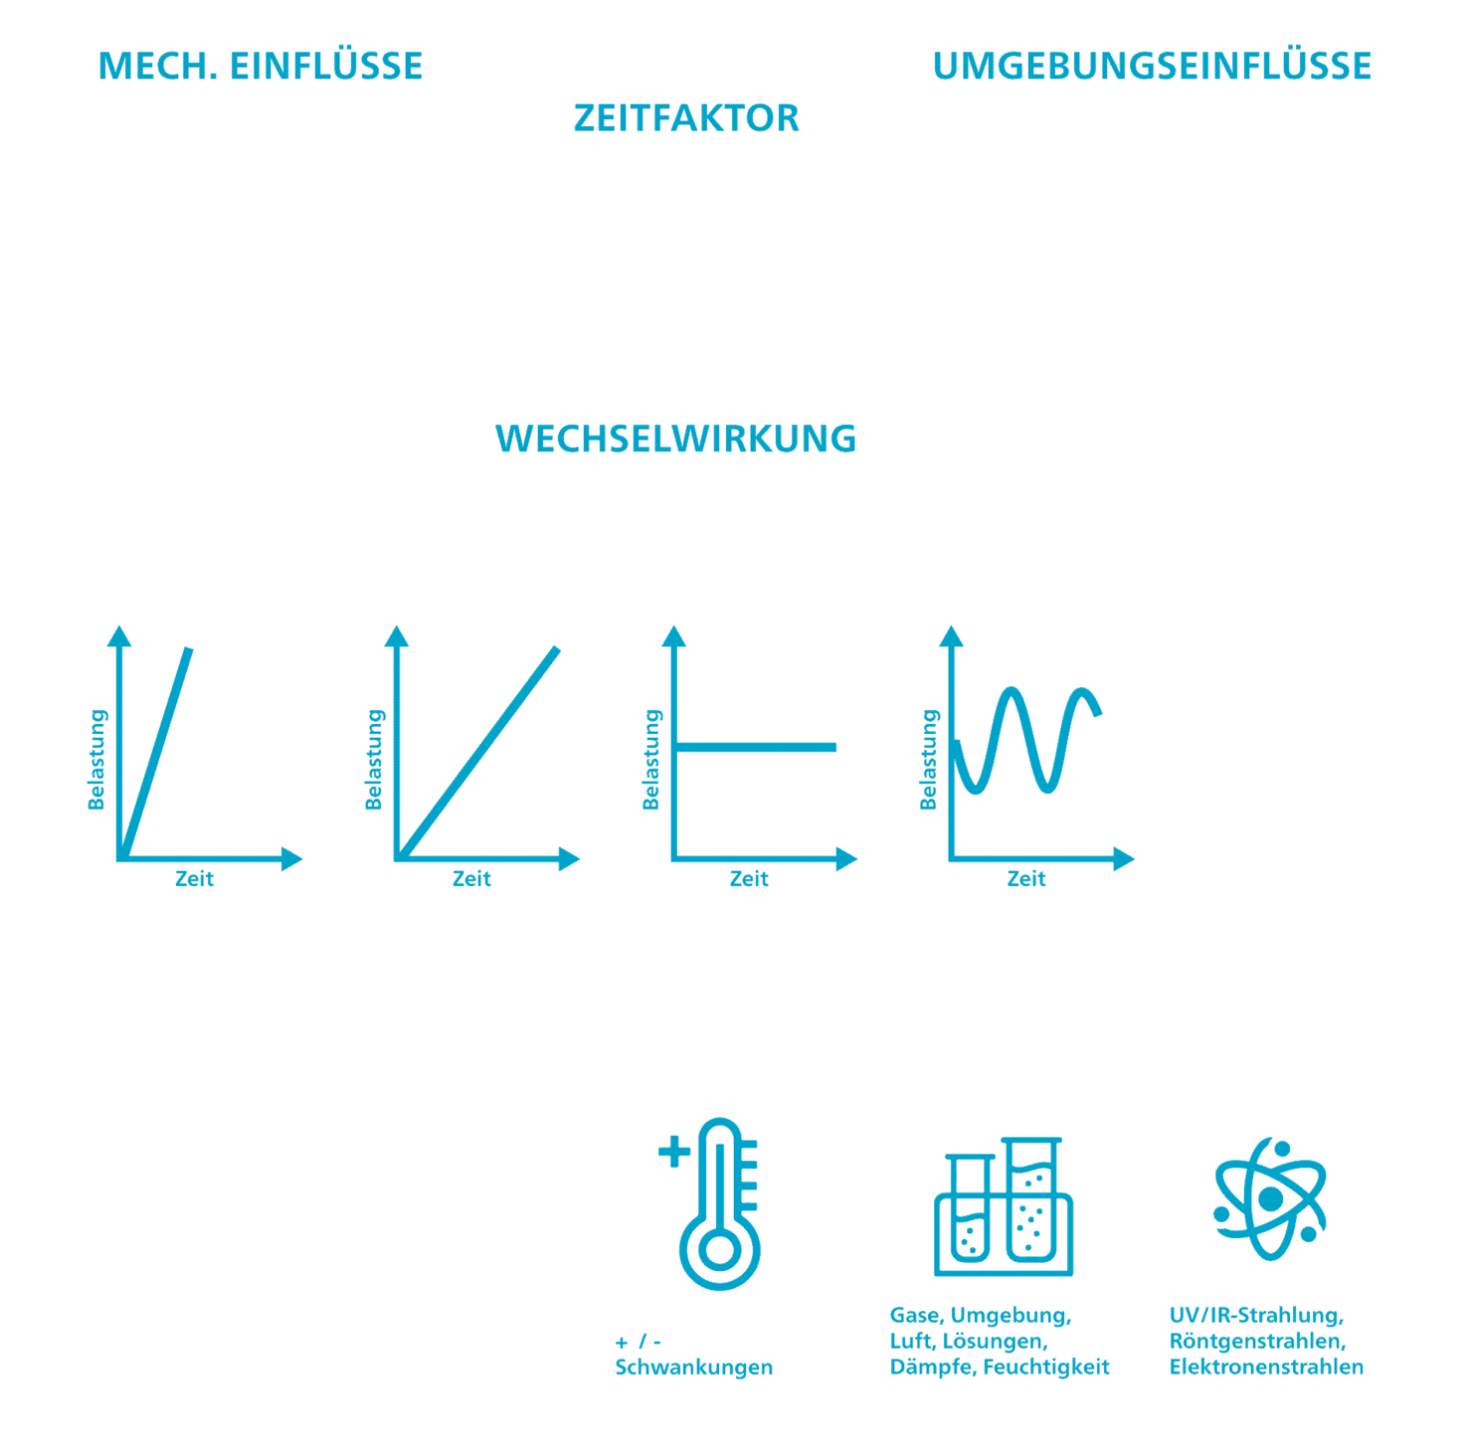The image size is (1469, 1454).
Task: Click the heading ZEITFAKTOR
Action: pyautogui.click(x=686, y=118)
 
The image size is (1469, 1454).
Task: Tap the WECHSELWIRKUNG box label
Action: pyautogui.click(x=675, y=438)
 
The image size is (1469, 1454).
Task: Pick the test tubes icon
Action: pyautogui.click(x=1003, y=1208)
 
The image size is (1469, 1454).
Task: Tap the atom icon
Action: pyautogui.click(x=1271, y=1198)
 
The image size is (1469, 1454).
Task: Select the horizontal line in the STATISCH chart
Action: pyautogui.click(x=756, y=747)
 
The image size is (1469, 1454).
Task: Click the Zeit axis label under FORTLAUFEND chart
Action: pyautogui.click(x=471, y=879)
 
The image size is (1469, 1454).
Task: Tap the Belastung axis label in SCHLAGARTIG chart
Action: pyautogui.click(x=96, y=759)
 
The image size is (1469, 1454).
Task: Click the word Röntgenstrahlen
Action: pyautogui.click(x=1257, y=1341)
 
